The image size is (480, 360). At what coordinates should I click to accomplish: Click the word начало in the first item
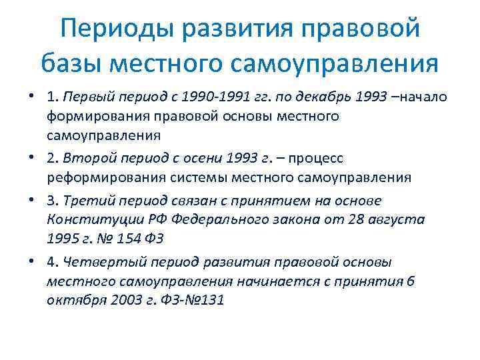423,99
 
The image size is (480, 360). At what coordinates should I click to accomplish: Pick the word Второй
91,159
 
